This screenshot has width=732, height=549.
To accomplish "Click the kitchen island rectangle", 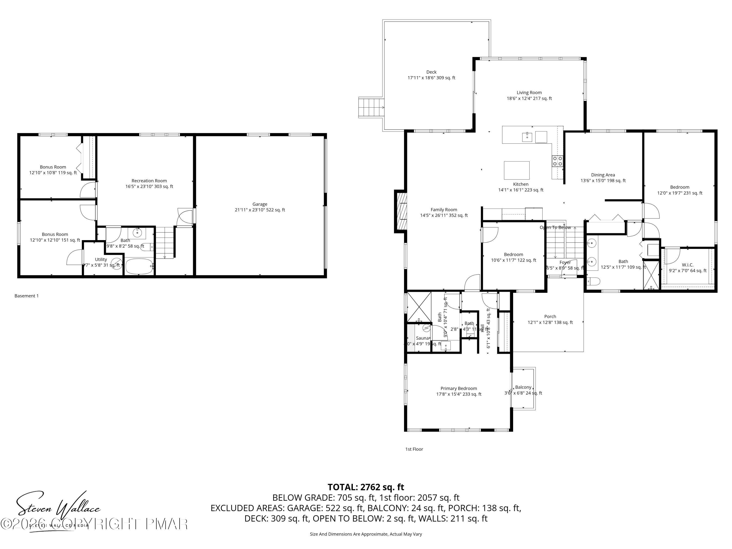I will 516,170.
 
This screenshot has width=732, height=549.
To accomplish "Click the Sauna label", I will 422,338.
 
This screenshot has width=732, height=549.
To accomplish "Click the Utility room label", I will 101,259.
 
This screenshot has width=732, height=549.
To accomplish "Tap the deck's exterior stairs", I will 371,107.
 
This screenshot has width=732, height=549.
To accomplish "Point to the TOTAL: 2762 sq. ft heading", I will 366,487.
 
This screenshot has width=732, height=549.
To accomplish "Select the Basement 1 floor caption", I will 26,296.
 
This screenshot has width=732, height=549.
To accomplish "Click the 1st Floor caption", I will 414,449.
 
